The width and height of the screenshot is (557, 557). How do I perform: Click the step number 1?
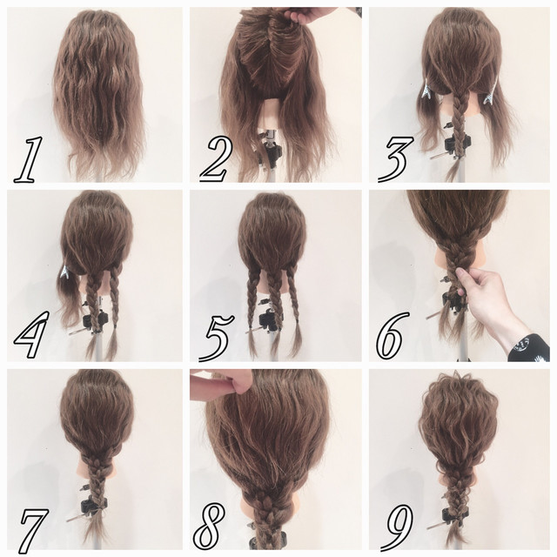pos(28,160)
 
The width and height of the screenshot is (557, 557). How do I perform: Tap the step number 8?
pos(210,527)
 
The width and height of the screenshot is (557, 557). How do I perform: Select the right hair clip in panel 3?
pos(489,94)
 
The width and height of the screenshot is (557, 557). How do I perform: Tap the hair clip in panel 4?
pos(65,272)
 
